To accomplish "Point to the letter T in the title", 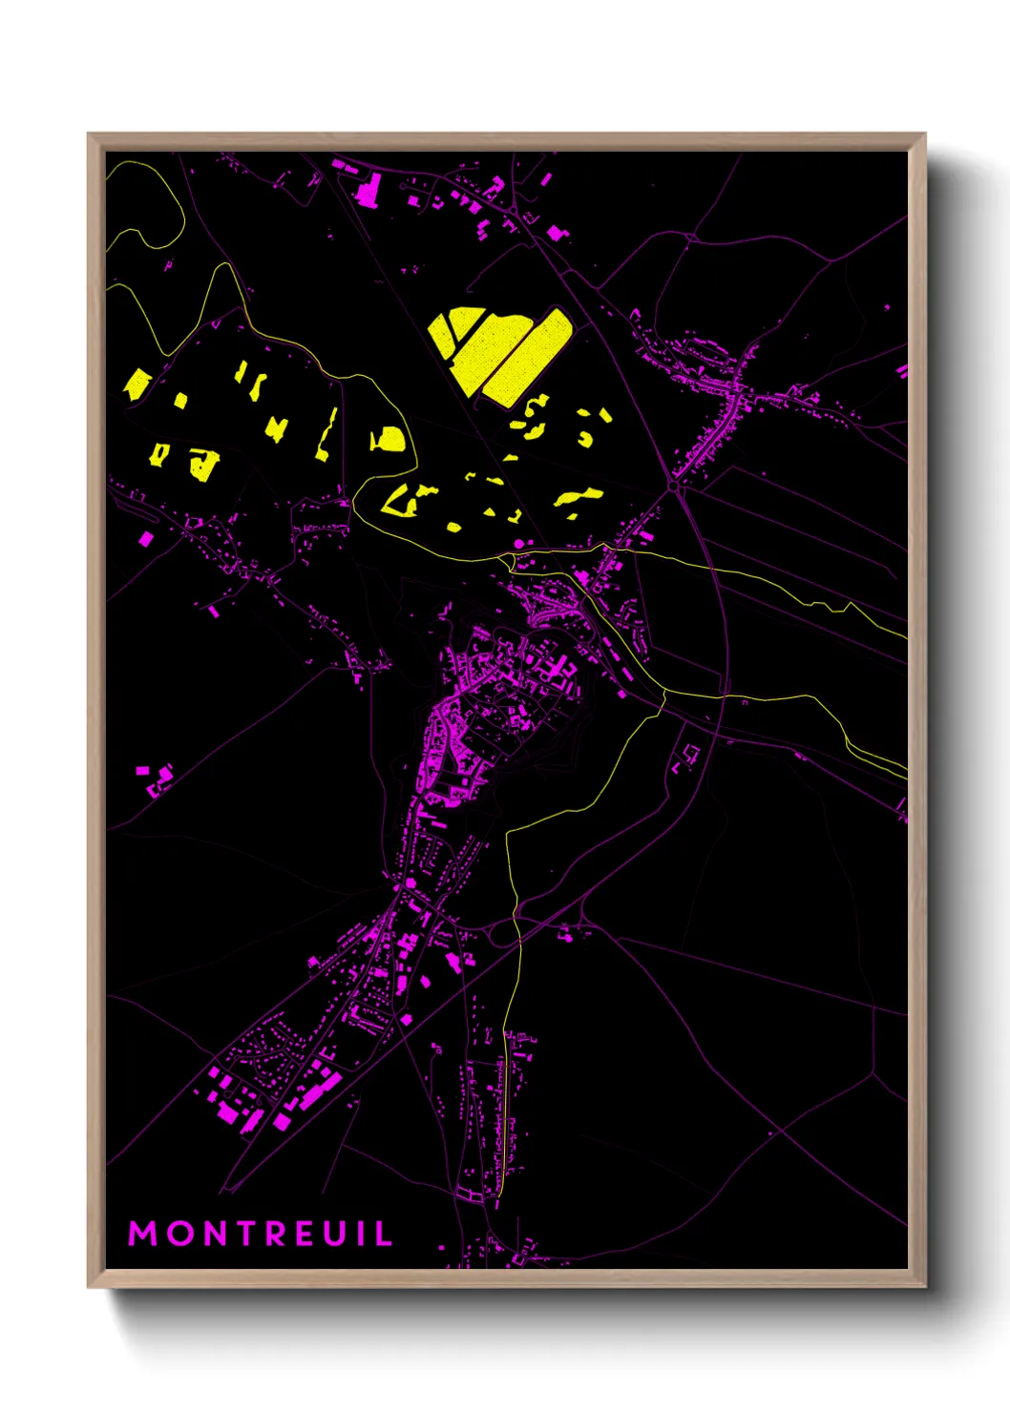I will point(248,1234).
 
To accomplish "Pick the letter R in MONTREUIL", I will point(278,1234).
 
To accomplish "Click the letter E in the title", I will point(307,1234).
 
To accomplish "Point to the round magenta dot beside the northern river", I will point(519,543).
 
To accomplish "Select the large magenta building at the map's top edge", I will point(368,189).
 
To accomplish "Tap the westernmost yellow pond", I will point(137,384).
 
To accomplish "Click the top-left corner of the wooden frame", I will point(89,135).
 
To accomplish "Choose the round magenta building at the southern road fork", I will point(411,884).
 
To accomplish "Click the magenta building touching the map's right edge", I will point(902,371).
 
